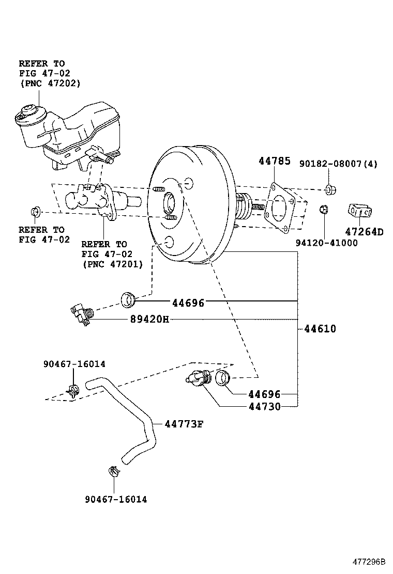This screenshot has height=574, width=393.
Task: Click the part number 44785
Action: click(274, 162)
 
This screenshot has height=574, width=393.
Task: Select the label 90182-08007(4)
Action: click(339, 164)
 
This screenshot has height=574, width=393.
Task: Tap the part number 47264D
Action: click(365, 232)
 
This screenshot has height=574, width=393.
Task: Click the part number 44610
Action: click(320, 328)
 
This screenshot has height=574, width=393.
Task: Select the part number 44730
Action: click(264, 407)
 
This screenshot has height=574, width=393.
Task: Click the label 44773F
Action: click(184, 424)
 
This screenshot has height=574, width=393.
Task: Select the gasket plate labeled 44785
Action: click(282, 208)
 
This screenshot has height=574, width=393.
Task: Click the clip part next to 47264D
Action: click(359, 211)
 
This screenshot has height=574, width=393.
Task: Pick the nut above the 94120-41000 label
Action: click(323, 209)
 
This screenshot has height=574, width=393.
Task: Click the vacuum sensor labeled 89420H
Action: click(81, 314)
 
